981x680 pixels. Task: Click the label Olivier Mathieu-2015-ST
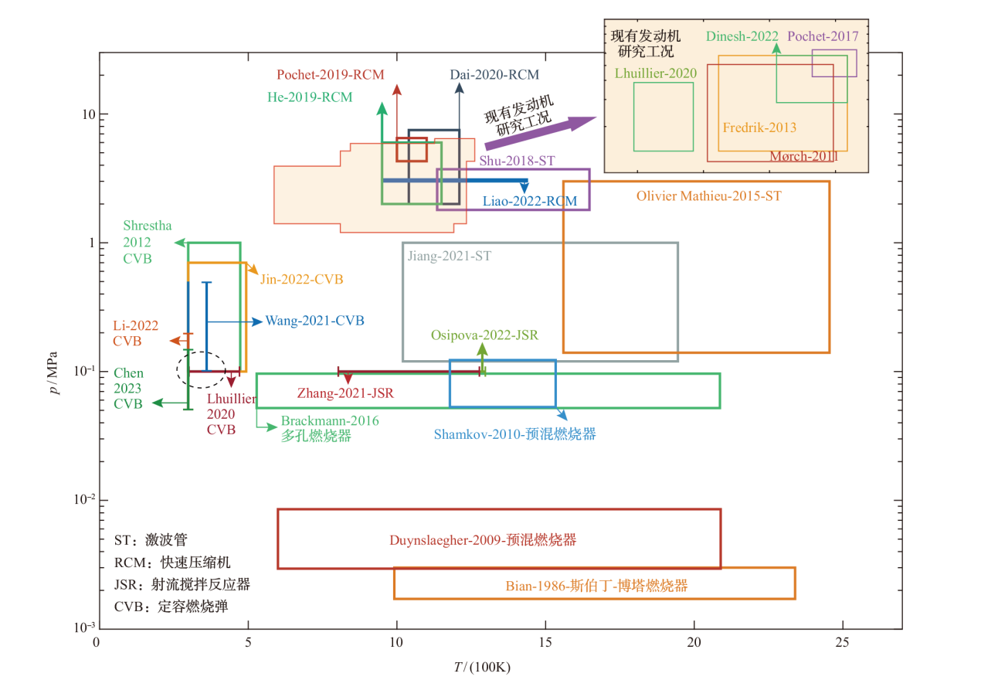[x=708, y=196]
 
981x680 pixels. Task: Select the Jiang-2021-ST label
[x=450, y=255]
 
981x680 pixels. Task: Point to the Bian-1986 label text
[x=596, y=586]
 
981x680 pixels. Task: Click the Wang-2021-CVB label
[x=314, y=321]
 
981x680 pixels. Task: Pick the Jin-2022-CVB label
[x=301, y=279]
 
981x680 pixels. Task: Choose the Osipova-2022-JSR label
[x=484, y=335]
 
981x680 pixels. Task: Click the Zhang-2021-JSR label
[x=345, y=393]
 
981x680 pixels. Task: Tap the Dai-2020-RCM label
[x=494, y=75]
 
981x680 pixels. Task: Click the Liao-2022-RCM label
[x=530, y=201]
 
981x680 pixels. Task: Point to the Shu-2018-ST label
[x=517, y=161]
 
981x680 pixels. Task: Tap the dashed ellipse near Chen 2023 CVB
[x=202, y=369]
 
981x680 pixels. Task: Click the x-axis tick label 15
[x=545, y=643]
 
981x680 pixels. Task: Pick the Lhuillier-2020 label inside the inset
[x=656, y=73]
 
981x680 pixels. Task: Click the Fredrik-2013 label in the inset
[x=759, y=127]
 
